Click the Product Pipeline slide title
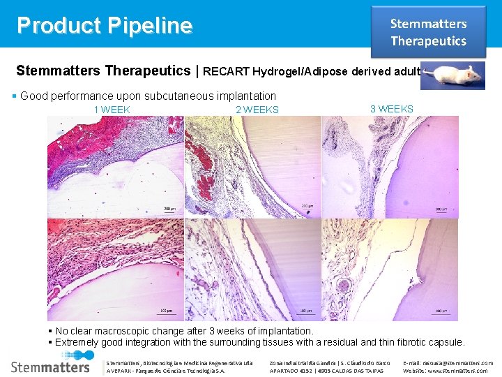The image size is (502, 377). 105,26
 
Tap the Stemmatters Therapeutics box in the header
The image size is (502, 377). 428,32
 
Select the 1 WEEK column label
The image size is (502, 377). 112,110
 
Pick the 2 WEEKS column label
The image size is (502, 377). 257,110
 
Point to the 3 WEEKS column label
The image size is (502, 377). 391,109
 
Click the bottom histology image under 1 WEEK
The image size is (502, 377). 116,269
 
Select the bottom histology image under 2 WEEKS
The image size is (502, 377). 252,269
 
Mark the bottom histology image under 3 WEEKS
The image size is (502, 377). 390,269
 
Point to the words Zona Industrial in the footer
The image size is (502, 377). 291,363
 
